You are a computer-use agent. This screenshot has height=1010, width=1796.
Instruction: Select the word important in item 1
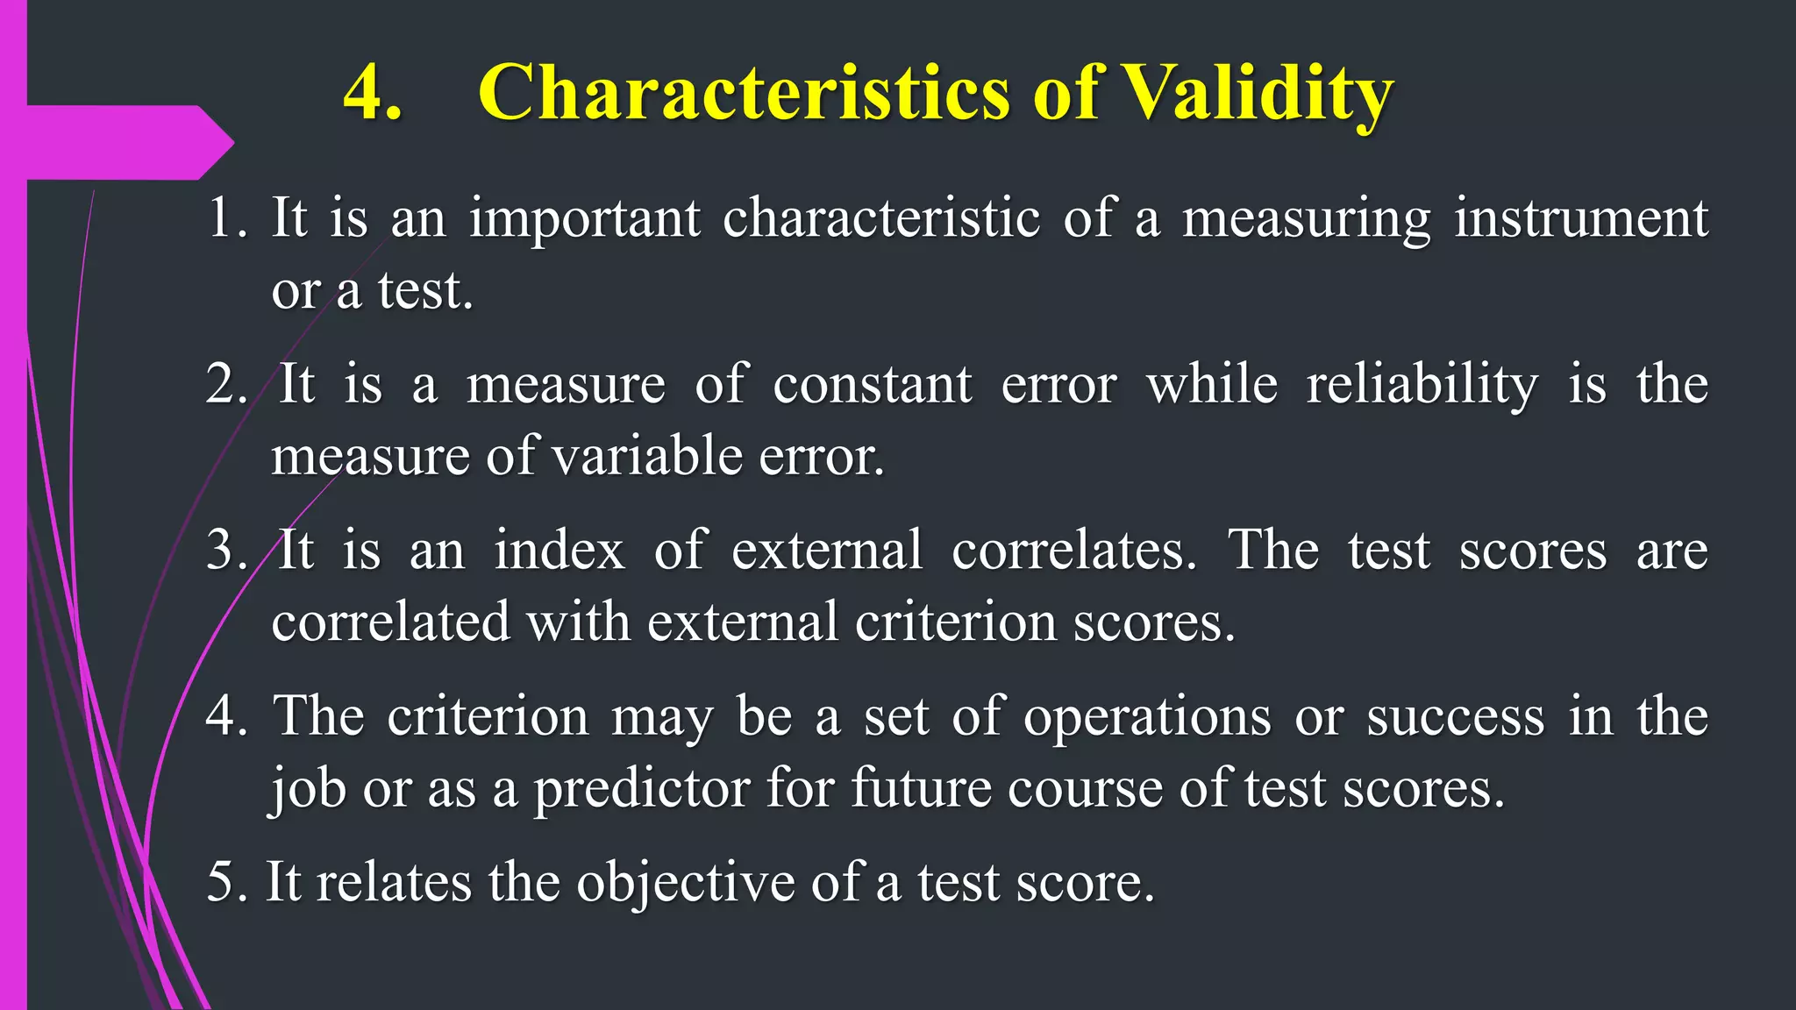(x=585, y=218)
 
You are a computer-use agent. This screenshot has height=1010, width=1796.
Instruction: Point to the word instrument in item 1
(x=1580, y=218)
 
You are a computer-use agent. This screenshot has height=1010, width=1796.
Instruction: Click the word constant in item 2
(x=872, y=385)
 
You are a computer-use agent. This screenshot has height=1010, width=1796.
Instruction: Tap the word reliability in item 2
(x=1422, y=385)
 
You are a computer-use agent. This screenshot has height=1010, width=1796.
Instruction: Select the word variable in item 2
(x=648, y=457)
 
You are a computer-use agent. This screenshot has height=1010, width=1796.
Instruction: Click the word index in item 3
(x=559, y=551)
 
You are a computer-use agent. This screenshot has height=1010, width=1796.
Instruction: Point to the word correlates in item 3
(x=1073, y=551)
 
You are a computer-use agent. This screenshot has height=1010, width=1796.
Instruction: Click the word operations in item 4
(x=1147, y=716)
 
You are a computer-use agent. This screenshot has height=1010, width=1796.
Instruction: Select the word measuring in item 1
(x=1306, y=218)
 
